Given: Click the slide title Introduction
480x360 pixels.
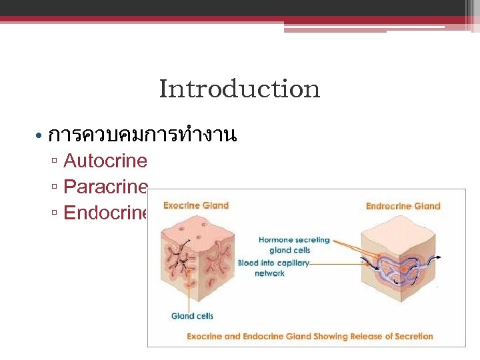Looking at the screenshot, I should (239, 89).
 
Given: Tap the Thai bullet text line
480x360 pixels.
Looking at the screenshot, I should (143, 135).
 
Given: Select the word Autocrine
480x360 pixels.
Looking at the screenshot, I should (105, 161).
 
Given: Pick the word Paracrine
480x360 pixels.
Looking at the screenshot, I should (105, 187).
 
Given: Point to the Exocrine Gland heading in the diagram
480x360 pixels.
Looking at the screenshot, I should (196, 205).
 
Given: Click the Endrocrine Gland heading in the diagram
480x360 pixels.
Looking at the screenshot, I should (403, 206).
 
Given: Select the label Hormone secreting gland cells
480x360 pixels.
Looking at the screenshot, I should (293, 245).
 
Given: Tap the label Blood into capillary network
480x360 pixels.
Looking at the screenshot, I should (273, 268).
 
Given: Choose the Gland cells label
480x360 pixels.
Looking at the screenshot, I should (192, 316).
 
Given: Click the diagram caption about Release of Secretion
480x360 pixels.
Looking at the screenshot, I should (309, 336).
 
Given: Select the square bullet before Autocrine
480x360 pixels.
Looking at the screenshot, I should (55, 162).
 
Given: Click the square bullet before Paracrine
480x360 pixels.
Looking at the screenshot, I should (55, 188).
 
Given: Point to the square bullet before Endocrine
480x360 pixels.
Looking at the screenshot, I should (55, 214).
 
